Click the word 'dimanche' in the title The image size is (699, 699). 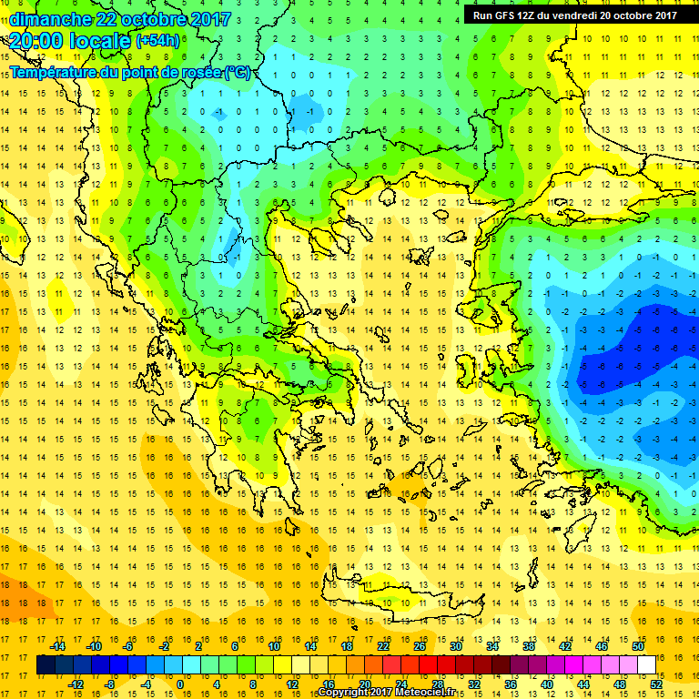pyautogui.click(x=51, y=19)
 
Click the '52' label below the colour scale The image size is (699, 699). pyautogui.click(x=655, y=684)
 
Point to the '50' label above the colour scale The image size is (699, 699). pyautogui.click(x=637, y=646)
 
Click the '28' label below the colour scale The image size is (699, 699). pyautogui.click(x=437, y=684)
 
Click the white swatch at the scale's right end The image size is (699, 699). pyautogui.click(x=646, y=665)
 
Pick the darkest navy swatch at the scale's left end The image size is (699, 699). pyautogui.click(x=46, y=665)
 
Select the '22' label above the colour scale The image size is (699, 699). pyautogui.click(x=383, y=646)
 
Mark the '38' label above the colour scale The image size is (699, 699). pyautogui.click(x=529, y=646)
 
